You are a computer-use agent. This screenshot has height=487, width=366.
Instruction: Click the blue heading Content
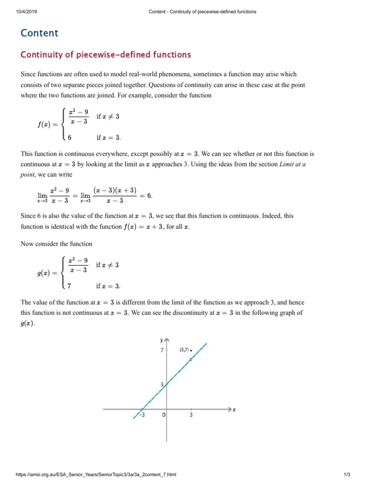(39, 33)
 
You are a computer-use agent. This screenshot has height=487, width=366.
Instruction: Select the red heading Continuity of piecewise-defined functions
(105, 55)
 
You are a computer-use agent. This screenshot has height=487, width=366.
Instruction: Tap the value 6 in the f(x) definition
(70, 138)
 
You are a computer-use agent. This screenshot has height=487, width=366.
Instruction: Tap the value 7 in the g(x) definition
(70, 286)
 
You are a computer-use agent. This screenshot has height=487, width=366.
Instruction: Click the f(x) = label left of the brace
(48, 125)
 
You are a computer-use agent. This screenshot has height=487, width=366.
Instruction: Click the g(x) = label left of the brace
(48, 273)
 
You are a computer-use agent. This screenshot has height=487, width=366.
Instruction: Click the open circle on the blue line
(191, 359)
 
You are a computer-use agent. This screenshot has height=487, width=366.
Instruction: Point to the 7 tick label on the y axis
(162, 351)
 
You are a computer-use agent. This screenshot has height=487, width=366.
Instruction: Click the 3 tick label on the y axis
(162, 384)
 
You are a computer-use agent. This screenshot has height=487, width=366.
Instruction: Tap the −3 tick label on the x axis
(141, 415)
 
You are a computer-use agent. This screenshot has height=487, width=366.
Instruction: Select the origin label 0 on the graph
(163, 415)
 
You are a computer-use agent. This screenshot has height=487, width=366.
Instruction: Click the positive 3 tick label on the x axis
(191, 415)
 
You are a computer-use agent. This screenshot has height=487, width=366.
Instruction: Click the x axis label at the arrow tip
(234, 409)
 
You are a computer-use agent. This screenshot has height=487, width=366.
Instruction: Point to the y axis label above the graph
(162, 340)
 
